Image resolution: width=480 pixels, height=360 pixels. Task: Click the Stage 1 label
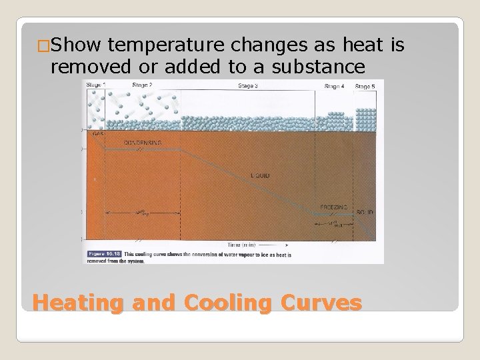pyautogui.click(x=95, y=85)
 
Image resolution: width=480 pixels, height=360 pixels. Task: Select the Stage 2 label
pyautogui.click(x=142, y=85)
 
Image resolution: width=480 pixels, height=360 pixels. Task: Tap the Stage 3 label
pyautogui.click(x=247, y=85)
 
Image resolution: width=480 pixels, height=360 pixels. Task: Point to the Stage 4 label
pyautogui.click(x=334, y=86)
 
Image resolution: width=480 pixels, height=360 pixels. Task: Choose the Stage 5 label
pyautogui.click(x=365, y=86)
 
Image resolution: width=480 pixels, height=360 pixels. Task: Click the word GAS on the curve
pyautogui.click(x=98, y=134)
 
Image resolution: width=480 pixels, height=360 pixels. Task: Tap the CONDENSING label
pyautogui.click(x=141, y=143)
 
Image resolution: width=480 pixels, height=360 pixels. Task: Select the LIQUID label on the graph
pyautogui.click(x=261, y=176)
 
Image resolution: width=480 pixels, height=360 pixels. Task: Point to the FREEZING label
pyautogui.click(x=333, y=207)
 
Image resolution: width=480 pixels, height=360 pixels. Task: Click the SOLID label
pyautogui.click(x=365, y=212)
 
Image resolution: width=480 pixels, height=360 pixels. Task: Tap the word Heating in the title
pyautogui.click(x=77, y=303)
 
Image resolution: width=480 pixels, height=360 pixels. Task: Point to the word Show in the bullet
pyautogui.click(x=75, y=46)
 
